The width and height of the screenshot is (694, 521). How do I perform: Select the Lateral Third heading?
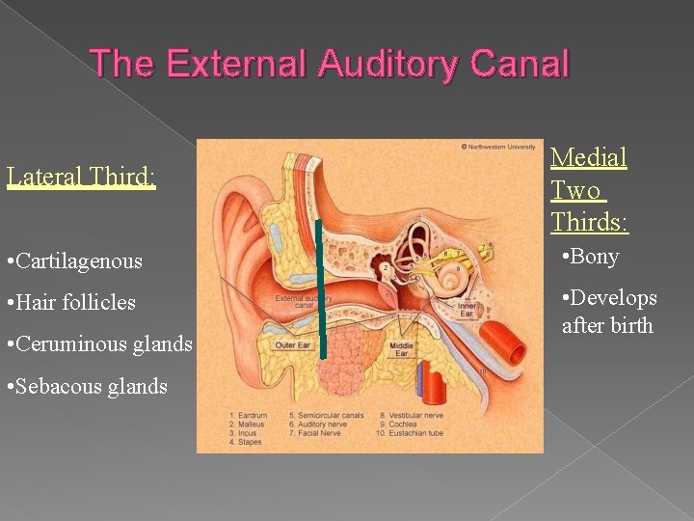pos(81,178)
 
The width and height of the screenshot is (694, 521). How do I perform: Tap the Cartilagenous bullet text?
pos(73,260)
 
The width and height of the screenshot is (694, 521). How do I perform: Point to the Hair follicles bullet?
pos(70,302)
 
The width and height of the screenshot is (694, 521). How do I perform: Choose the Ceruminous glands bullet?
pos(98,343)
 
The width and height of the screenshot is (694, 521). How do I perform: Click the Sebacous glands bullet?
pos(86,386)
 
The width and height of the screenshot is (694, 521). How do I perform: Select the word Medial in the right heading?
pos(588,157)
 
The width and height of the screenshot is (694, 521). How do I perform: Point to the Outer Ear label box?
pos(292,345)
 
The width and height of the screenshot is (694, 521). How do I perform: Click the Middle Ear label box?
pos(402,347)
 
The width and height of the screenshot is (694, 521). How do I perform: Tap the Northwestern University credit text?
pos(499,147)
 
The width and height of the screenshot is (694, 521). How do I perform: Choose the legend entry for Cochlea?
pos(397,424)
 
